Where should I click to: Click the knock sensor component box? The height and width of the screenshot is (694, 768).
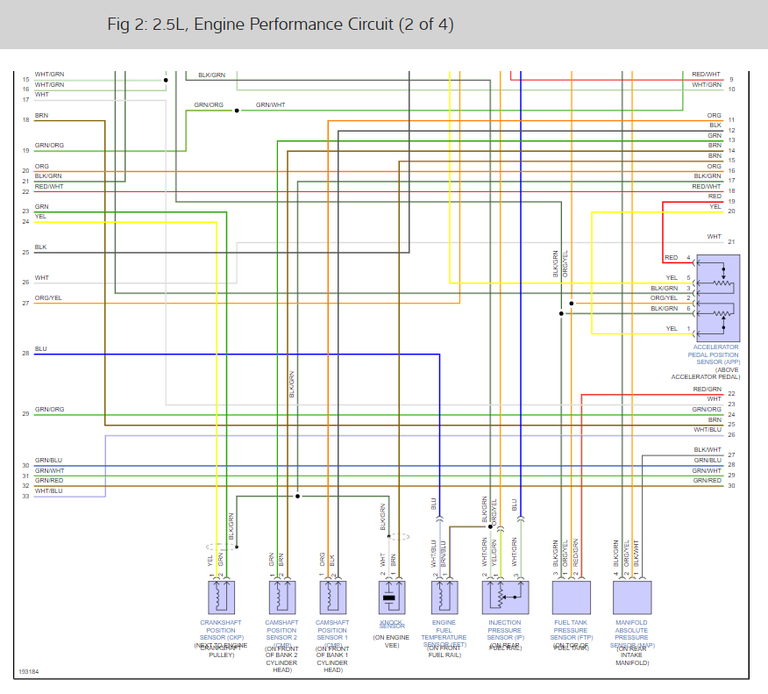point(390,597)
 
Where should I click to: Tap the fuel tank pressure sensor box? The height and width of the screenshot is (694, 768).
point(571,597)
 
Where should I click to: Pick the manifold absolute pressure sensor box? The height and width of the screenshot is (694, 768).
point(632,597)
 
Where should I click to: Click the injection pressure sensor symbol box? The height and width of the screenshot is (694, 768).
point(504,597)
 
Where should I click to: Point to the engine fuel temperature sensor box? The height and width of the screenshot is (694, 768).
point(444,597)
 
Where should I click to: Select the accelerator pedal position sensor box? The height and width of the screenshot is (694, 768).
point(718,297)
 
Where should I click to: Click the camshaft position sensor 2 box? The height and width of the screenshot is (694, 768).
point(281,597)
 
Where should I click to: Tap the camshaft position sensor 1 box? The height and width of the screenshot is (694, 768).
point(332,597)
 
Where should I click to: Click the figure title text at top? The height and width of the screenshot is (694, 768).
point(281,24)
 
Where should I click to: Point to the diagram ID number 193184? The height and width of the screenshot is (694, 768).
point(28,673)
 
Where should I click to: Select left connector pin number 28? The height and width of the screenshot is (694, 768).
point(26,354)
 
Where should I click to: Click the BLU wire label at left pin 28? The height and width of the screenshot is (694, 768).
point(41,349)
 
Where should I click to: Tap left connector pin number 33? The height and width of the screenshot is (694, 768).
point(26,497)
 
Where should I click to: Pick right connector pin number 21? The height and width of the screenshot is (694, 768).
point(731,242)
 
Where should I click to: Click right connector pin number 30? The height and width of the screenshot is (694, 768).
point(731,486)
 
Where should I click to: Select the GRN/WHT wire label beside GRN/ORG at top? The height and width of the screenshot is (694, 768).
point(270,105)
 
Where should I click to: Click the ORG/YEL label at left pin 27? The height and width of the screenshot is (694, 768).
point(48,298)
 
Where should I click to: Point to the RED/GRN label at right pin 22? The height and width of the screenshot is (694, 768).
point(707,389)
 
